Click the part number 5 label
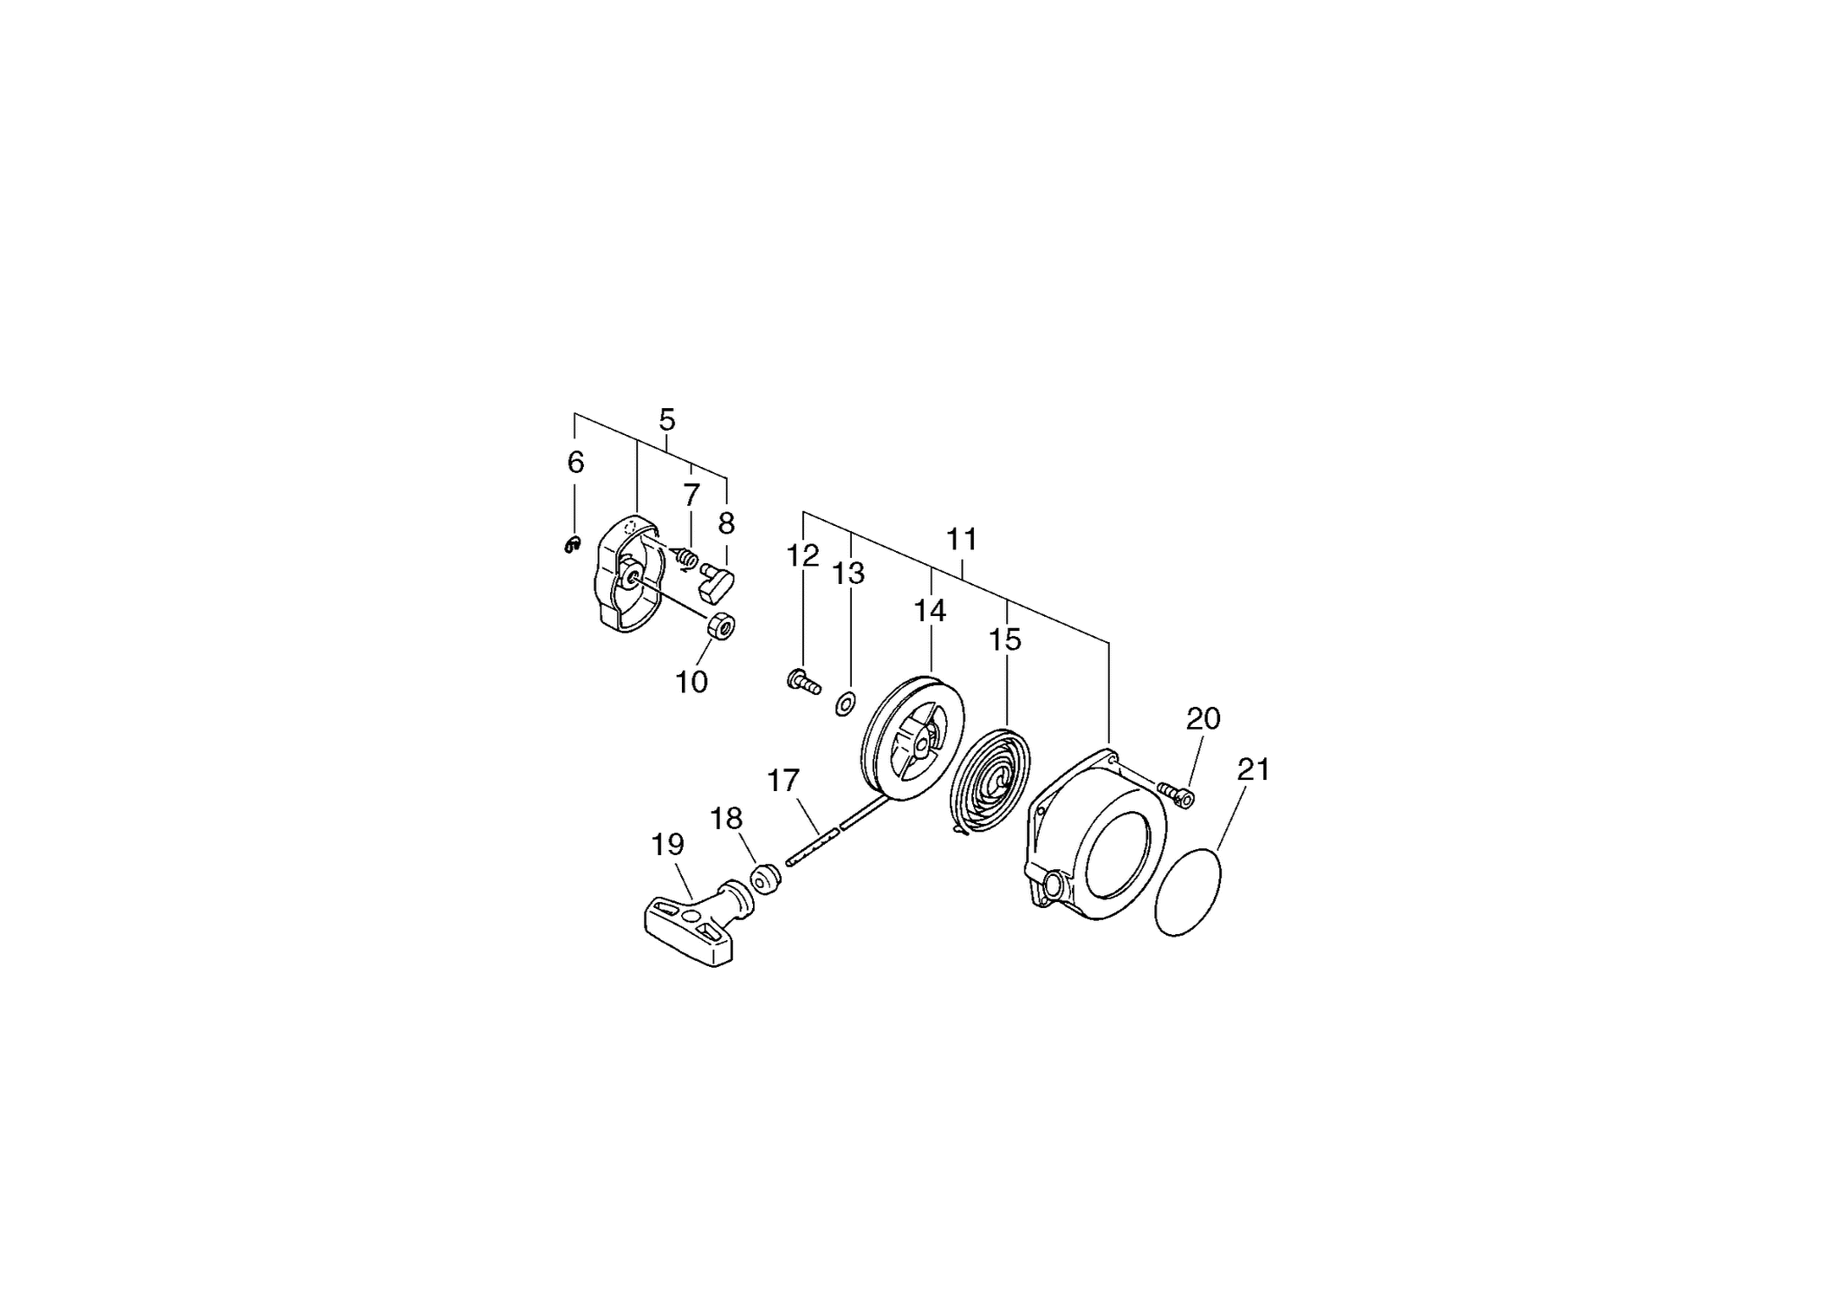click(x=666, y=420)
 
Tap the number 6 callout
click(x=575, y=463)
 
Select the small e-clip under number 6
click(x=571, y=544)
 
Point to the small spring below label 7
click(x=685, y=557)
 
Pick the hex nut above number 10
click(x=721, y=625)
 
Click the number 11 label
click(x=962, y=539)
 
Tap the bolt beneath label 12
click(x=803, y=682)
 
